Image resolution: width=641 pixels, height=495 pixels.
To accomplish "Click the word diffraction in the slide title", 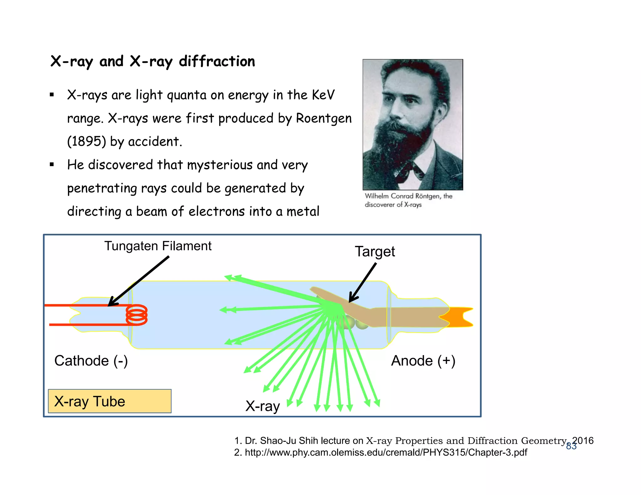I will click(x=217, y=61).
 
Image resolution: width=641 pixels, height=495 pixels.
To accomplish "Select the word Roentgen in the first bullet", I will click(x=324, y=118).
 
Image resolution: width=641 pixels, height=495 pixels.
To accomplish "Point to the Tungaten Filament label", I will click(x=158, y=246).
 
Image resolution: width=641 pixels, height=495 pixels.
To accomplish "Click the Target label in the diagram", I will click(x=375, y=252).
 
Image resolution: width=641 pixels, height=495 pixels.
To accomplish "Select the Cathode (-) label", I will click(x=91, y=361).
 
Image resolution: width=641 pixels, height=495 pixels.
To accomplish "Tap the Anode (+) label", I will click(x=423, y=361).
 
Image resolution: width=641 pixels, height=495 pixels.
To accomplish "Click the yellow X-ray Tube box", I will click(x=110, y=401).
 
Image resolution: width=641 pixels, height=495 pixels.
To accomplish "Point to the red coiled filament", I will click(x=137, y=315).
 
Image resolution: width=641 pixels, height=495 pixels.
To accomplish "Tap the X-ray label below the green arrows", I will click(x=262, y=406).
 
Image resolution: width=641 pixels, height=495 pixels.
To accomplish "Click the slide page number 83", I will click(x=571, y=446).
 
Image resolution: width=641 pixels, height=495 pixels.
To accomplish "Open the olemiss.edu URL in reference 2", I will click(x=386, y=452).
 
